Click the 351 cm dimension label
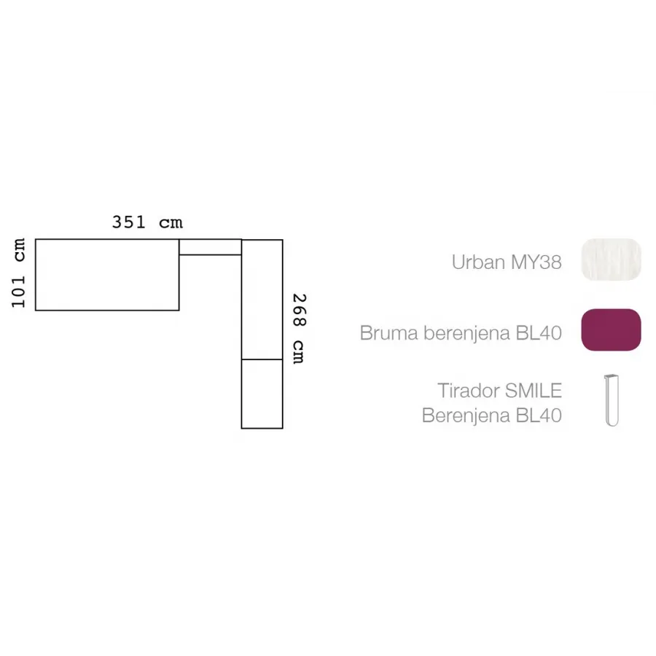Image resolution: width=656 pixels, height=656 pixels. (147, 222)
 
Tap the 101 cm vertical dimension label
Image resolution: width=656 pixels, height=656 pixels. (18, 273)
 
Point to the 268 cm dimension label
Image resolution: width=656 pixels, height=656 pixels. (299, 329)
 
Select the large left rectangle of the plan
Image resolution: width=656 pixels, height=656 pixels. (108, 275)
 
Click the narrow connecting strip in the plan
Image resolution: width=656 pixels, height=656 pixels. (211, 247)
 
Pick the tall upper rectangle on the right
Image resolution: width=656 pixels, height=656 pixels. (262, 300)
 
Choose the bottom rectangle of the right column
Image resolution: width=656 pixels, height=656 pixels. (262, 394)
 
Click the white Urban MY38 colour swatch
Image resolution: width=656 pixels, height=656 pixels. (612, 259)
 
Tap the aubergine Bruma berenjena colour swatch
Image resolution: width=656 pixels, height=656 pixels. (612, 329)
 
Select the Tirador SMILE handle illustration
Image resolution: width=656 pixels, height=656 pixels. (612, 400)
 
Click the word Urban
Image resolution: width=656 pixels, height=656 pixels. (478, 262)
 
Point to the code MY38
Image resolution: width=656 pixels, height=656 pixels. (536, 262)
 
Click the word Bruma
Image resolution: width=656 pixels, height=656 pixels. (389, 333)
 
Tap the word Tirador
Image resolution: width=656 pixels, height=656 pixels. (469, 391)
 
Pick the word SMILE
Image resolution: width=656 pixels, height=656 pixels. (534, 391)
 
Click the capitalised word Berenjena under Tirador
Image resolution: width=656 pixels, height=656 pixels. (466, 416)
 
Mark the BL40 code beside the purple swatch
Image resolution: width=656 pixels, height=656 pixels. (539, 333)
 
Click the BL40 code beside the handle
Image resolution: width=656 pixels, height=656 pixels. (539, 415)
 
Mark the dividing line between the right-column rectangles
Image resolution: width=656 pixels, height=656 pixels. (262, 359)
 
